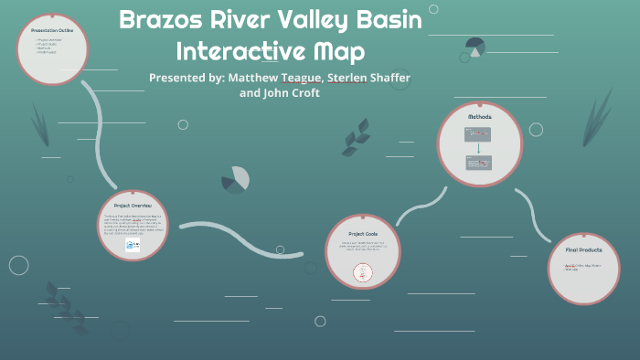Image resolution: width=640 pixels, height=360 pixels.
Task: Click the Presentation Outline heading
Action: tap(53, 31)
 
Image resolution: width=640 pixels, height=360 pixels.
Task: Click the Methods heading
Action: tap(480, 118)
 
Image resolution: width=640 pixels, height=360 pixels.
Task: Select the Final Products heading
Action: tap(583, 249)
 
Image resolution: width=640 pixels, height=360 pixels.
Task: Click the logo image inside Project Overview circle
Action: tap(133, 245)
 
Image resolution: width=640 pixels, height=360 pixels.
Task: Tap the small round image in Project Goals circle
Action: tap(363, 272)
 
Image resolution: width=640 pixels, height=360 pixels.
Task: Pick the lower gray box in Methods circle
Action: tap(479, 163)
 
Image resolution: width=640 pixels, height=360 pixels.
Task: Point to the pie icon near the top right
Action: tap(475, 45)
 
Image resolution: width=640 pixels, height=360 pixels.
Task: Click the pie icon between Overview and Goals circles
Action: tap(237, 178)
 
